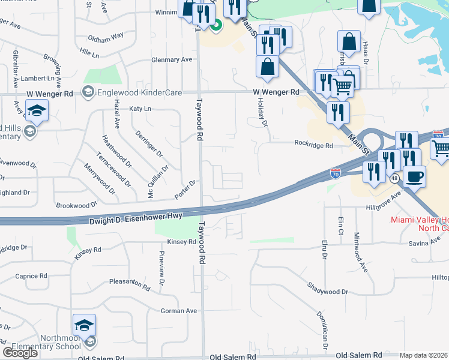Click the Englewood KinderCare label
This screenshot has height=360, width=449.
tap(131, 92)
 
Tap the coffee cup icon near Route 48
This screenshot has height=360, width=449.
tap(414, 176)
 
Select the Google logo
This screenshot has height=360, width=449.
tap(20, 353)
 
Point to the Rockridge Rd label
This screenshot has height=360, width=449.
tap(313, 145)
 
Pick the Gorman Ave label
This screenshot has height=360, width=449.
tap(179, 311)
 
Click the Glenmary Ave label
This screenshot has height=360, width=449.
tap(172, 59)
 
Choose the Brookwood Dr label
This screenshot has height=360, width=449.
tap(76, 205)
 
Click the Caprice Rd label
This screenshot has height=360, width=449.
tap(31, 276)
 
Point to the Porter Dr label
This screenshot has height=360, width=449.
tap(185, 190)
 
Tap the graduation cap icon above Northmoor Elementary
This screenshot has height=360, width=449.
tap(84, 325)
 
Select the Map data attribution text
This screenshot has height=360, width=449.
tap(424, 355)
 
